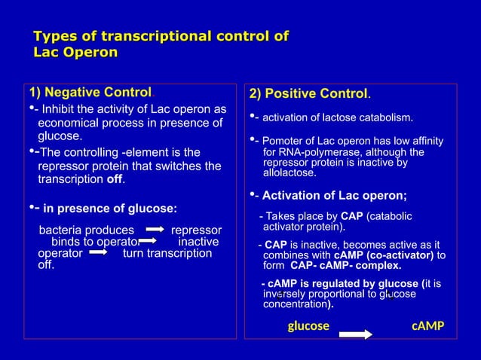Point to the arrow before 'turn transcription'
(100, 254)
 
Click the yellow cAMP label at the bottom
(427, 326)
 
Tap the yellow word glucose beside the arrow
(308, 326)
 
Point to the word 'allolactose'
(290, 172)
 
